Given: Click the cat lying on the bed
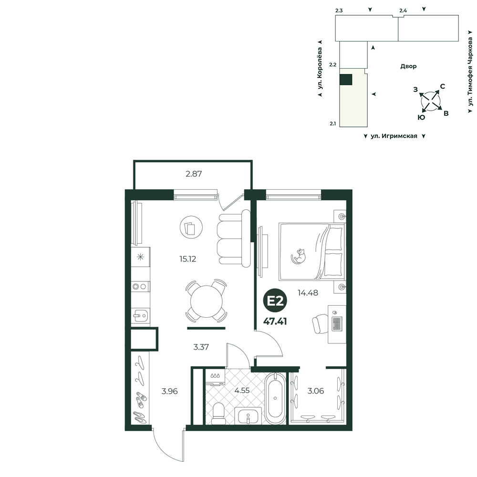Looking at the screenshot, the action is pos(299,256).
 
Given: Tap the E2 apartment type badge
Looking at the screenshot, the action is pos(275,301).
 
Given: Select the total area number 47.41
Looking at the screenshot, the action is pos(275,321).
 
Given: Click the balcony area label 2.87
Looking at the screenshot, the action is pos(194,174).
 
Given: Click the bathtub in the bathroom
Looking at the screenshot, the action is pos(275,398).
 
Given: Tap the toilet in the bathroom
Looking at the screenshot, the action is pos(218,413).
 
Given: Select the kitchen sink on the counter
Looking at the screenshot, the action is pos(140,316).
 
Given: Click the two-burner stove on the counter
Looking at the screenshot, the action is pos(140,286).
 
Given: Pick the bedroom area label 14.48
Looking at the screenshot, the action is pos(308,293).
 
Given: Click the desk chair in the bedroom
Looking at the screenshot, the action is pos(320,324).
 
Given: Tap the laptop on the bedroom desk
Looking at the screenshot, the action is pos(337,323).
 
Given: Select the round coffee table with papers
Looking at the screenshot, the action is pos(191,227).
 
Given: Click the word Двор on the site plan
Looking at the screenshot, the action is pos(408,66).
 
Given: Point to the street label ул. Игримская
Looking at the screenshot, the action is pos(394,136).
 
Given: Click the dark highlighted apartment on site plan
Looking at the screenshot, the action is pos(345,80).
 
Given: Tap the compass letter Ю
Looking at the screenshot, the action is pos(421,117).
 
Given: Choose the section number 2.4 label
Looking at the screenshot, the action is pos(403,10).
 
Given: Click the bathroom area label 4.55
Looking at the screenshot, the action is pos(242,390).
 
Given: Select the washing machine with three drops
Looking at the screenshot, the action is pos(215,377).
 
